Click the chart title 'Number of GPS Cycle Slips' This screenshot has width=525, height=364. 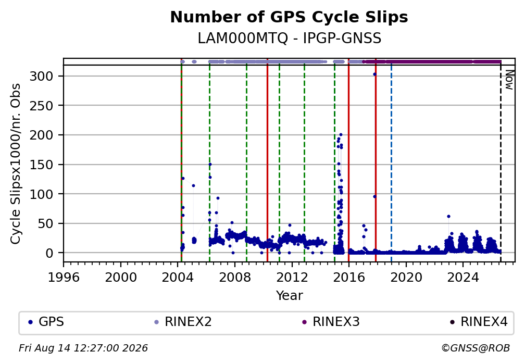pyautogui.click(x=289, y=17)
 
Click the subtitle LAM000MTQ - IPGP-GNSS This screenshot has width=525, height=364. pyautogui.click(x=289, y=38)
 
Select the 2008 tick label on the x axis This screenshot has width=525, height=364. pyautogui.click(x=235, y=277)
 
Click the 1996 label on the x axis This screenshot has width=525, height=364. pyautogui.click(x=64, y=277)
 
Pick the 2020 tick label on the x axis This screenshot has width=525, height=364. pyautogui.click(x=406, y=277)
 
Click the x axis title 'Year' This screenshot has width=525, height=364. pyautogui.click(x=289, y=295)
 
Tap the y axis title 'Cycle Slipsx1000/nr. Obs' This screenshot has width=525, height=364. pyautogui.click(x=16, y=164)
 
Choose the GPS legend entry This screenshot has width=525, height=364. pyautogui.click(x=46, y=322)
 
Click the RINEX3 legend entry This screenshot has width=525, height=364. pyautogui.click(x=331, y=322)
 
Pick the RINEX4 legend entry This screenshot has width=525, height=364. pyautogui.click(x=479, y=322)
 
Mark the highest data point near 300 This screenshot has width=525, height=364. pyautogui.click(x=374, y=74)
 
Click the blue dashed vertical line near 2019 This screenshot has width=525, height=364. pyautogui.click(x=392, y=164)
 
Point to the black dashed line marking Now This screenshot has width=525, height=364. pyautogui.click(x=501, y=164)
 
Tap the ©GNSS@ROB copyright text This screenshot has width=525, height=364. pyautogui.click(x=476, y=348)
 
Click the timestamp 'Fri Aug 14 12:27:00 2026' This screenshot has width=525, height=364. pyautogui.click(x=83, y=348)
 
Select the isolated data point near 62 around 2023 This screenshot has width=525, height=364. pyautogui.click(x=448, y=216)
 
